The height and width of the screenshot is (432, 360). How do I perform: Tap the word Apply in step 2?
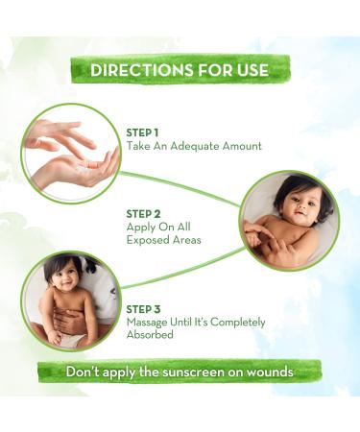tap(141, 228)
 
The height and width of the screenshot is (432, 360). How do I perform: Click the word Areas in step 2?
tap(189, 241)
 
